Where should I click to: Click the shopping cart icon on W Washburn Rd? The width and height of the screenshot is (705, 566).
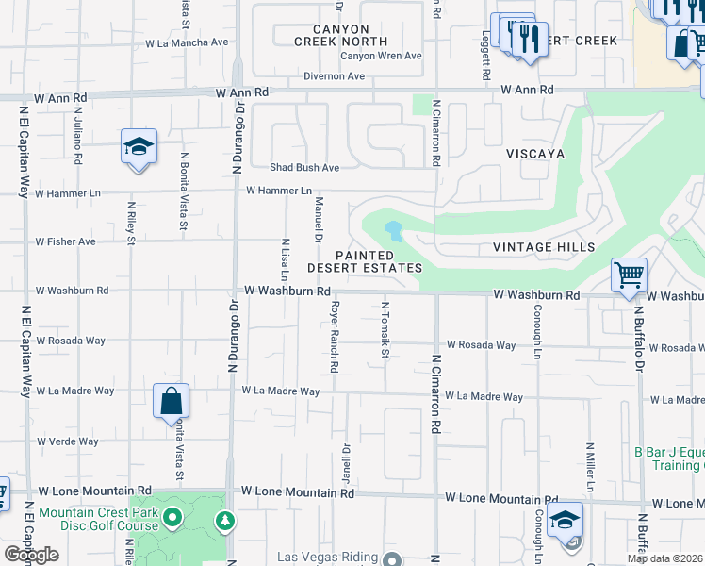pyautogui.click(x=629, y=276)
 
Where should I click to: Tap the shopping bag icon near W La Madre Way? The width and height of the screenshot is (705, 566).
pyautogui.click(x=171, y=401)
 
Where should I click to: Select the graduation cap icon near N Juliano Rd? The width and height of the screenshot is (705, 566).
pyautogui.click(x=139, y=147)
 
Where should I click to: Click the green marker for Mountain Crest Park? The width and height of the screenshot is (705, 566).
pyautogui.click(x=172, y=517)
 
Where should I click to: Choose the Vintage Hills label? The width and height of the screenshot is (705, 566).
pyautogui.click(x=544, y=247)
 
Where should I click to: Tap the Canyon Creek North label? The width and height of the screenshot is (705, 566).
pyautogui.click(x=340, y=36)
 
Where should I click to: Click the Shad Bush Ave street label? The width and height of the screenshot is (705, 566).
pyautogui.click(x=304, y=168)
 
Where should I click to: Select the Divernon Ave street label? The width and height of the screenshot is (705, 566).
pyautogui.click(x=334, y=76)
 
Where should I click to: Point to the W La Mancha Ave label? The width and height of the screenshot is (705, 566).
pyautogui.click(x=187, y=42)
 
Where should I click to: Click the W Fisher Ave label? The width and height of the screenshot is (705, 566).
pyautogui.click(x=66, y=241)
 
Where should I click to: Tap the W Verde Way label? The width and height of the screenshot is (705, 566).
pyautogui.click(x=68, y=441)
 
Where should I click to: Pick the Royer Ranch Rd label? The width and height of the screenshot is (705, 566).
pyautogui.click(x=334, y=334)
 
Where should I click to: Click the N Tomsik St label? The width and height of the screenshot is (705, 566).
pyautogui.click(x=385, y=330)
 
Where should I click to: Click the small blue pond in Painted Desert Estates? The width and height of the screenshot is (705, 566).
pyautogui.click(x=394, y=230)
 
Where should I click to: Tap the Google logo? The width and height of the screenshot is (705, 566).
pyautogui.click(x=31, y=555)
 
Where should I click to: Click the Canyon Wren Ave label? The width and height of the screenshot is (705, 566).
pyautogui.click(x=381, y=56)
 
